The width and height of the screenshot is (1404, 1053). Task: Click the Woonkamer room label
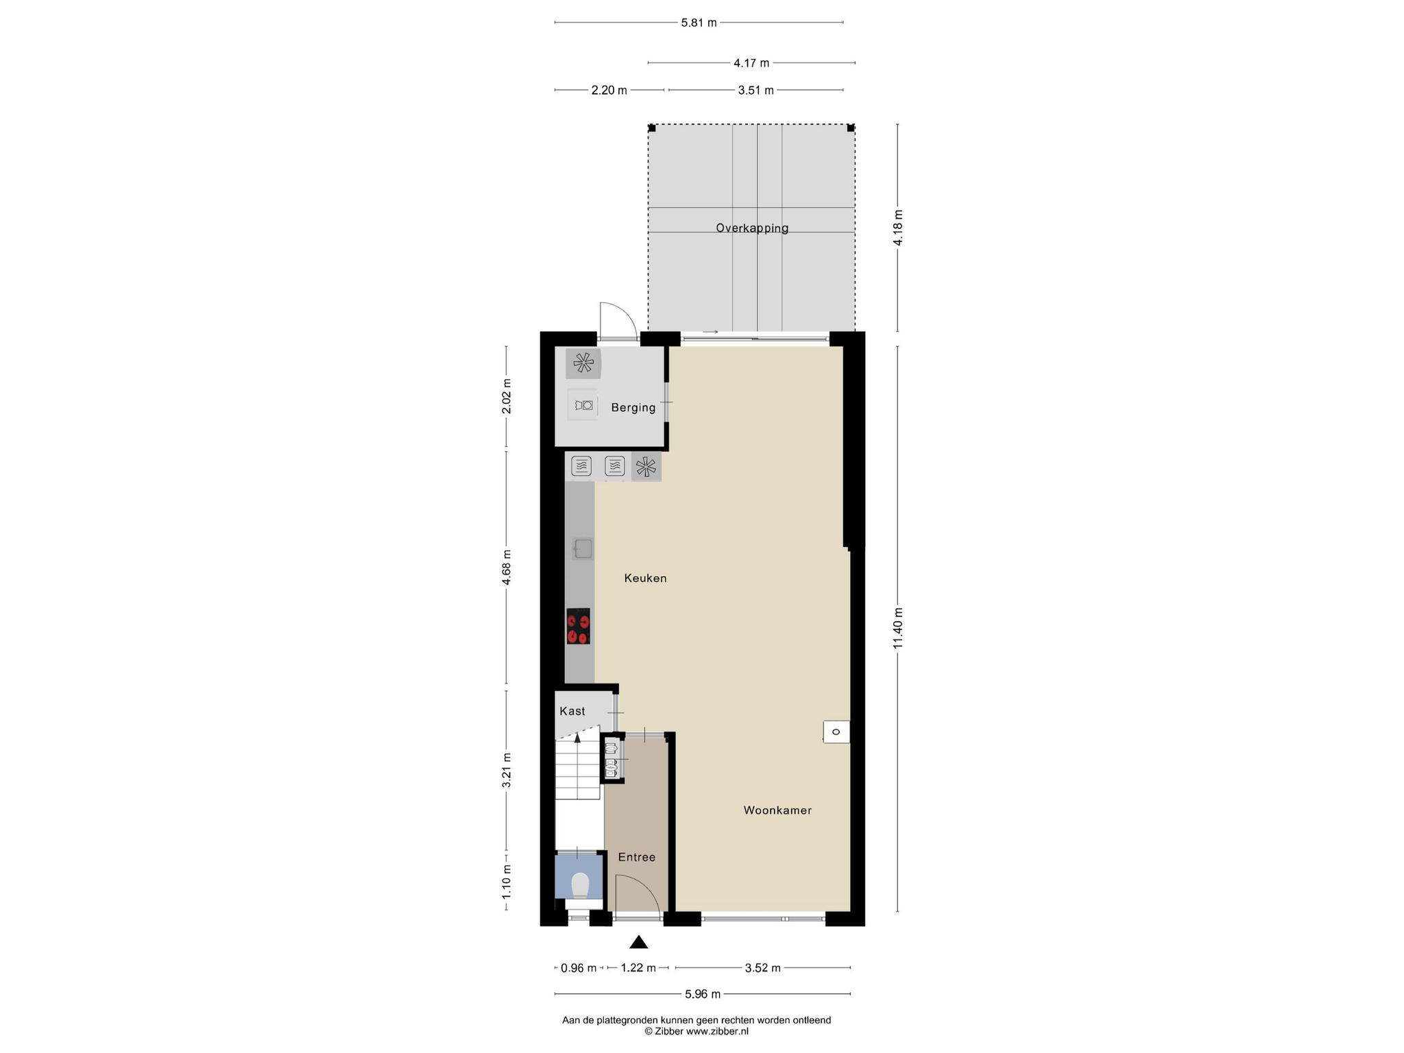pos(777,810)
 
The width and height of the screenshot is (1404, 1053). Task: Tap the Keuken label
pos(645,578)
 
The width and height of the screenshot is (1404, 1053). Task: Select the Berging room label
pos(633,408)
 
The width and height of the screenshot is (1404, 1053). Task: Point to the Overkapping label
pos(752,228)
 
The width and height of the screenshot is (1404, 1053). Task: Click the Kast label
pos(572,711)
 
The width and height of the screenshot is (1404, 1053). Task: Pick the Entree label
pos(637,857)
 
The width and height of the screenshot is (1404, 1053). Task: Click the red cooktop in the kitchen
pos(579,626)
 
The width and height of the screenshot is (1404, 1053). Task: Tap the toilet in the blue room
pos(580,884)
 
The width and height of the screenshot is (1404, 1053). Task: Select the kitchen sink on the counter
pos(583,548)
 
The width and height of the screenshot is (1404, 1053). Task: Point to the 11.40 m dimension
pos(898,628)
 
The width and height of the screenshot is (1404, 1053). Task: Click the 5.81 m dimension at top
pos(699,23)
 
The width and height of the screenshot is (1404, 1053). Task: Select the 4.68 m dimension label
pos(507,567)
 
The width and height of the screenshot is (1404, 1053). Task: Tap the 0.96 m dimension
pos(579,968)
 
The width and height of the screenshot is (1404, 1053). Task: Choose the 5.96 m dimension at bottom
pos(702,994)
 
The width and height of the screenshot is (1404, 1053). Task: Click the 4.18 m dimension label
pos(898,228)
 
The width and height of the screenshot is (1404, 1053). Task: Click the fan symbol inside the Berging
pos(583,363)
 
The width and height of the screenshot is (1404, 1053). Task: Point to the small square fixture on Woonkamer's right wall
pos(836,731)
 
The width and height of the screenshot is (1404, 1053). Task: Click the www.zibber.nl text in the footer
pos(717,1050)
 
